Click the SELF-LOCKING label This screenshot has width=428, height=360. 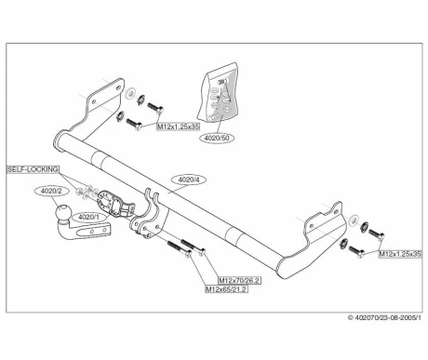[33, 169]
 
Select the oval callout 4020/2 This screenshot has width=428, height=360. [51, 191]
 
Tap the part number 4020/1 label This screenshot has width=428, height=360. [88, 217]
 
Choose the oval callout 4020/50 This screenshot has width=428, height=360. [219, 138]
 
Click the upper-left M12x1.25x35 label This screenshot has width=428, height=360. [179, 127]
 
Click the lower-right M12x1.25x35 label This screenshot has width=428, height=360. [400, 254]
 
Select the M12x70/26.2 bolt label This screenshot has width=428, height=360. [239, 280]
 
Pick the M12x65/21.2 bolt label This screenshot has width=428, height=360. [227, 289]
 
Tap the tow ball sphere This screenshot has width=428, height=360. [63, 213]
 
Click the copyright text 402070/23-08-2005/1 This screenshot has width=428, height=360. [384, 317]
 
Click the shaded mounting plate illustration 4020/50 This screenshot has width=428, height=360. [220, 95]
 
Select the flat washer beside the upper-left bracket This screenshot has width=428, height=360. [130, 93]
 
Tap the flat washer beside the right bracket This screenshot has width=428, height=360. [353, 220]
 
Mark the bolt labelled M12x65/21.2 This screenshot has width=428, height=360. [180, 248]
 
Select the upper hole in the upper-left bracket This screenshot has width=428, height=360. [118, 87]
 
